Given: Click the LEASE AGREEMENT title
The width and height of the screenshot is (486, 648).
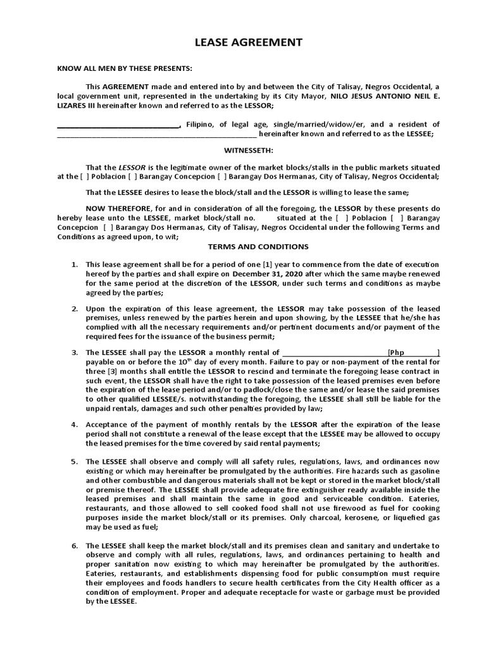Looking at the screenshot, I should [x=243, y=42].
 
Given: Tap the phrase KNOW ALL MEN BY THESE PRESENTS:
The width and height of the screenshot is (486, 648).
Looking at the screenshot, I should [x=125, y=68].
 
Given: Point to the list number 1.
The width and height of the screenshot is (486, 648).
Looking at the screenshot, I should [x=73, y=264].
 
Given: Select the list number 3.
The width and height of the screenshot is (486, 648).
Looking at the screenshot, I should [x=73, y=352].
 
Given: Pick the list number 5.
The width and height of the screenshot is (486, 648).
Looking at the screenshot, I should [x=73, y=461].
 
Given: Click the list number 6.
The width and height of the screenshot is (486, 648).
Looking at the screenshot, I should [x=73, y=545].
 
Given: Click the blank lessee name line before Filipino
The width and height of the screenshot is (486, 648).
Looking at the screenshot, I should [x=119, y=125].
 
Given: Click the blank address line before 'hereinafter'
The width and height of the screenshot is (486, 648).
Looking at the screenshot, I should [x=157, y=134].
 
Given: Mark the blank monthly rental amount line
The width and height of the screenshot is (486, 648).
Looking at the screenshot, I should [x=334, y=352].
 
